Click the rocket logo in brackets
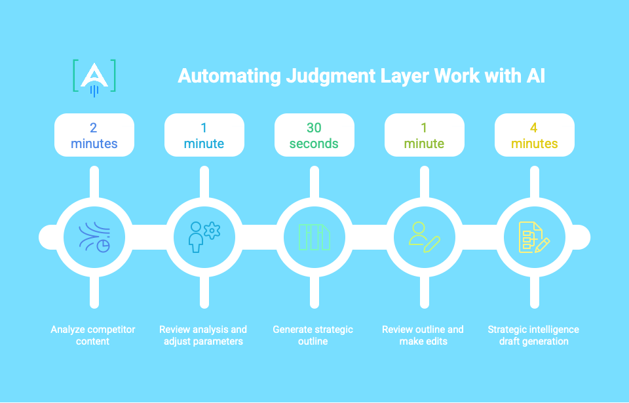tap(94, 77)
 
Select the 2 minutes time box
tap(94, 135)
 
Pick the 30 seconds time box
tap(314, 135)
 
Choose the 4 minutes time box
tap(534, 135)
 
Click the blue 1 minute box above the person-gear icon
tap(204, 135)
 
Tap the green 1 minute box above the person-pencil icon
tap(424, 135)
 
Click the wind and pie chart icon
tap(94, 237)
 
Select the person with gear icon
tap(204, 237)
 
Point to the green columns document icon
tap(314, 237)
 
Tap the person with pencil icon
tap(424, 237)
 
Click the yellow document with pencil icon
tap(534, 237)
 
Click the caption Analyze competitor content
tap(94, 335)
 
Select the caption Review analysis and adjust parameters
tap(204, 335)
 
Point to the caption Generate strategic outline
tap(314, 335)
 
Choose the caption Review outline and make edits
tap(424, 335)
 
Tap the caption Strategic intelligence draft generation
tap(534, 335)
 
